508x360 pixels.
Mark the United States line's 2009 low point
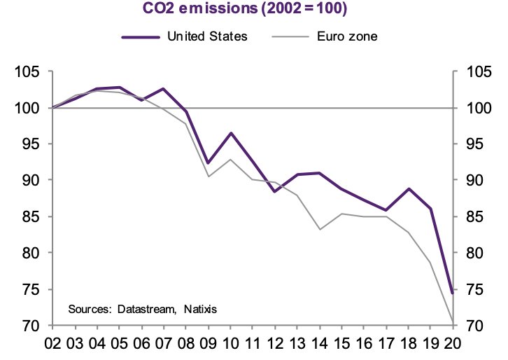[209, 163]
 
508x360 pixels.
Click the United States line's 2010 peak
[231, 133]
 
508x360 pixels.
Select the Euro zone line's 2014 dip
[320, 229]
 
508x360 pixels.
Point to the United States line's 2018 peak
[409, 189]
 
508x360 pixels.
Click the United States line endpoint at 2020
[453, 293]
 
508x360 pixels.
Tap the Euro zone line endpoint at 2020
[453, 323]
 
